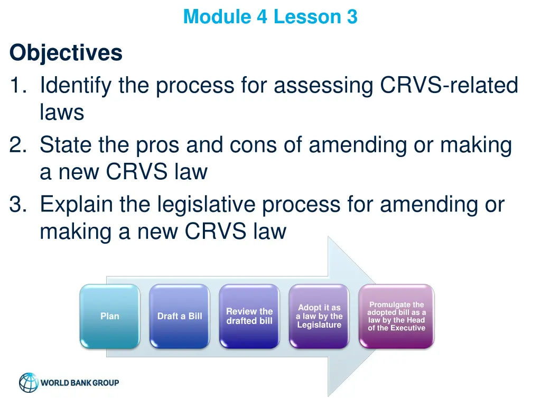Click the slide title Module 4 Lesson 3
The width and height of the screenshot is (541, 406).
click(x=270, y=17)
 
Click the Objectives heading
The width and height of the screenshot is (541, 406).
click(x=66, y=53)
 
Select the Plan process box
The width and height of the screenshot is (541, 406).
click(x=110, y=316)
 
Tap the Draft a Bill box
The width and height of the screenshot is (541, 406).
click(x=180, y=316)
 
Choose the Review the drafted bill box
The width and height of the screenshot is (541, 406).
click(x=249, y=316)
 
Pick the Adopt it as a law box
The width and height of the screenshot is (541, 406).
click(x=319, y=316)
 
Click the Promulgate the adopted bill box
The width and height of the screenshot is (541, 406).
click(x=396, y=316)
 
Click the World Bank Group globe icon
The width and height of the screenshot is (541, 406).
click(x=29, y=383)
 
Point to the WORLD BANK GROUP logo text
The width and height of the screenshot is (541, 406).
click(x=80, y=383)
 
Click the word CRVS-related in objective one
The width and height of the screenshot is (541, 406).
click(x=449, y=86)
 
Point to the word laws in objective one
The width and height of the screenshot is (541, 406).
click(x=62, y=113)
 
